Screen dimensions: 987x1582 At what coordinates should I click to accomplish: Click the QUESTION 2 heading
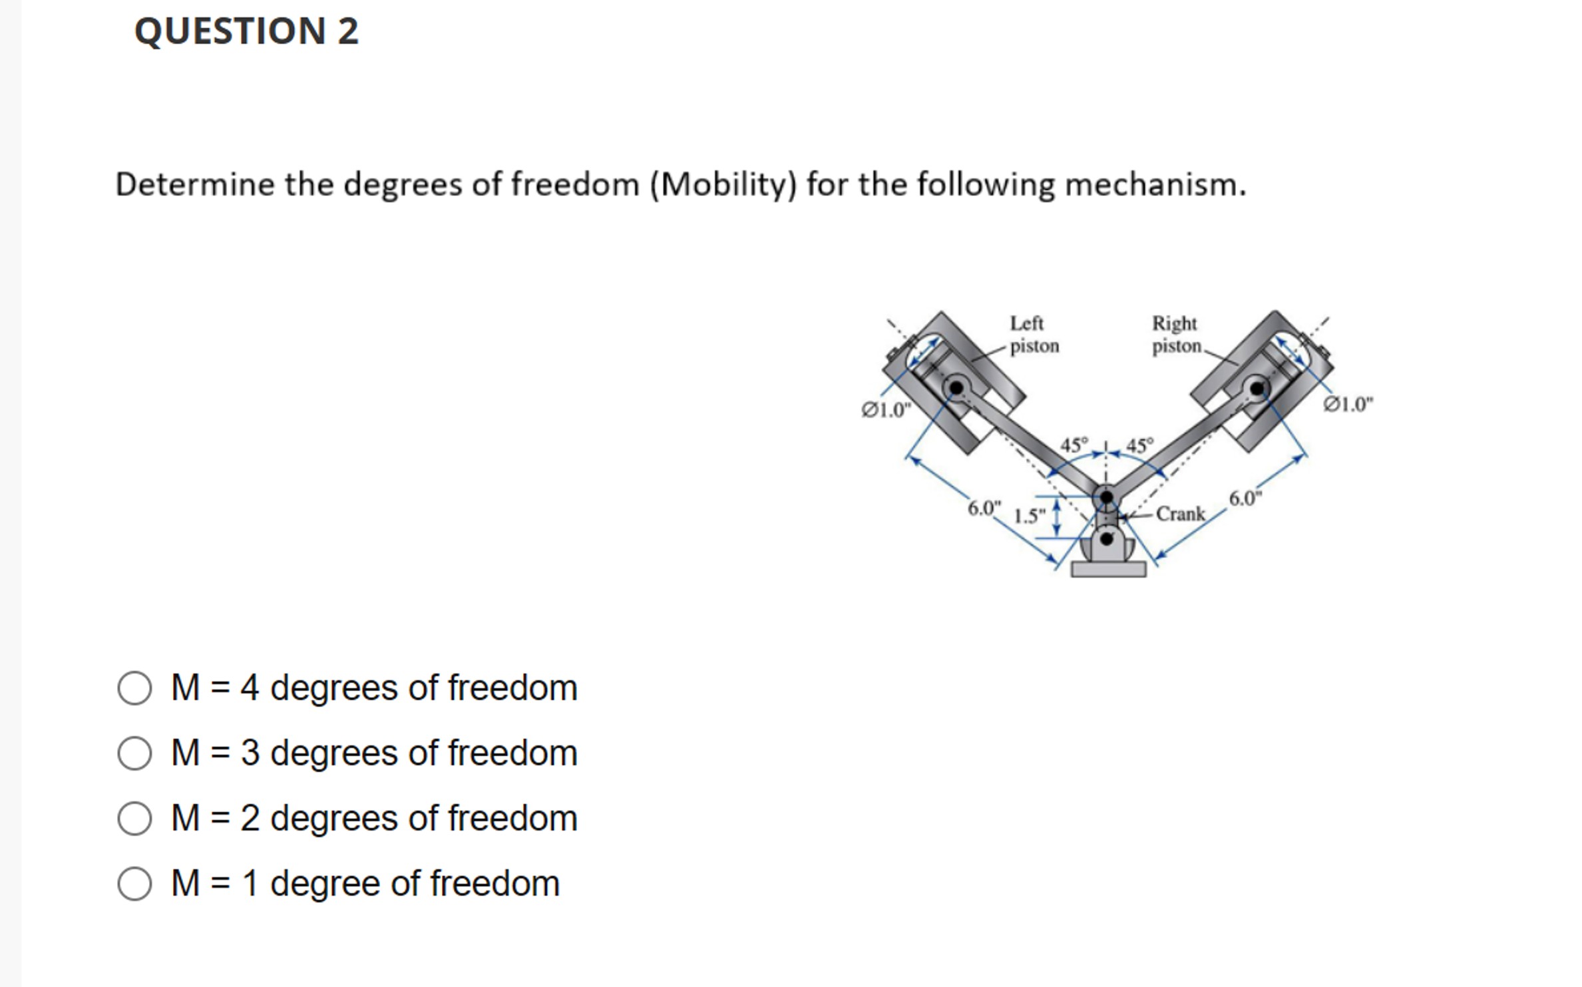pyautogui.click(x=246, y=31)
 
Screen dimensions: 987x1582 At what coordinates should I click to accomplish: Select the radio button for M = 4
pyautogui.click(x=134, y=688)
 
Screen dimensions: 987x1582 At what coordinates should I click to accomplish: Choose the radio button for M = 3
pyautogui.click(x=134, y=753)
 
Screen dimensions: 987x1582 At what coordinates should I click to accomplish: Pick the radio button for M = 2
pyautogui.click(x=134, y=818)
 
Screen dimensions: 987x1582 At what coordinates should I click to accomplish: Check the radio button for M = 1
pyautogui.click(x=134, y=883)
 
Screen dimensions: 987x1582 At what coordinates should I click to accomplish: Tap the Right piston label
pyautogui.click(x=1176, y=335)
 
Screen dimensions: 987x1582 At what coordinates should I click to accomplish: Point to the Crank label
pyautogui.click(x=1180, y=514)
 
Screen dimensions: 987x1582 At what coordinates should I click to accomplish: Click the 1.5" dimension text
pyautogui.click(x=1029, y=516)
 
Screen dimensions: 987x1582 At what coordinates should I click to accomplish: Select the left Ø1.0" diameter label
pyautogui.click(x=885, y=410)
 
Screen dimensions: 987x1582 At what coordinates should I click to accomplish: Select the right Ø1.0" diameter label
pyautogui.click(x=1348, y=405)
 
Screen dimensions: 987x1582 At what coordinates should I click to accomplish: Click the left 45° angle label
pyautogui.click(x=1074, y=445)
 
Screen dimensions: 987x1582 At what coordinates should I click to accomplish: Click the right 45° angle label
pyautogui.click(x=1139, y=445)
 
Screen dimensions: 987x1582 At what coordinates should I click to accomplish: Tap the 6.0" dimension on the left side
pyautogui.click(x=984, y=508)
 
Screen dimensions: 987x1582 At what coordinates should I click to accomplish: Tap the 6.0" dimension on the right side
pyautogui.click(x=1245, y=498)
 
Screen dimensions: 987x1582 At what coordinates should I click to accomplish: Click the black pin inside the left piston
pyautogui.click(x=956, y=387)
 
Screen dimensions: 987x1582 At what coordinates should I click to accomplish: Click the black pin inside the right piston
pyautogui.click(x=1257, y=387)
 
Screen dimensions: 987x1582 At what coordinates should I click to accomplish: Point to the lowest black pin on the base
pyautogui.click(x=1106, y=538)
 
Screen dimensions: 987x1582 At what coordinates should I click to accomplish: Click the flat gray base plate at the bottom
pyautogui.click(x=1108, y=569)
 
